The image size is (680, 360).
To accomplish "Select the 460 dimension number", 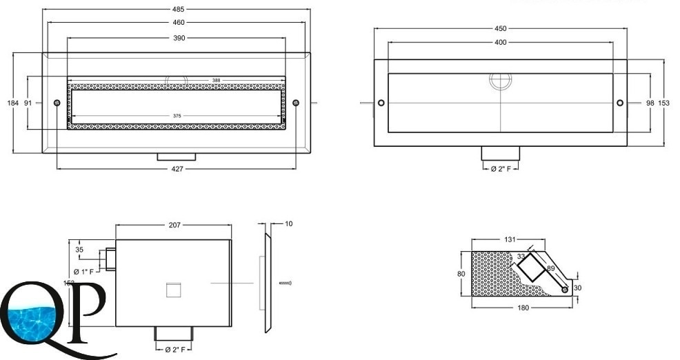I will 177,23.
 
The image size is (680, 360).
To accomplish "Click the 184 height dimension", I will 12,103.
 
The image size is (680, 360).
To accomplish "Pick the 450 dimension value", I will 501,28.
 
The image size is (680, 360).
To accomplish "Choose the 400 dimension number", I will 501,42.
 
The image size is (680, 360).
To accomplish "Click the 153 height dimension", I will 663,103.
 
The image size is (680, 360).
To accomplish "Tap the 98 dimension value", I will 649,103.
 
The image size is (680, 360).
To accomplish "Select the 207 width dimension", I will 173,226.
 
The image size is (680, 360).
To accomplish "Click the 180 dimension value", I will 523,308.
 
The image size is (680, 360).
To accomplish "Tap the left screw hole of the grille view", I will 57,103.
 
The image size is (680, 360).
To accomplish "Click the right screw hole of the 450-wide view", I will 620,103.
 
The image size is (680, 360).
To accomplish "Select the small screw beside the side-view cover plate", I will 286,283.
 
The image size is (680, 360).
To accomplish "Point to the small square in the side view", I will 173,290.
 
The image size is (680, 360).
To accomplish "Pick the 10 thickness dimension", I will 288,224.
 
